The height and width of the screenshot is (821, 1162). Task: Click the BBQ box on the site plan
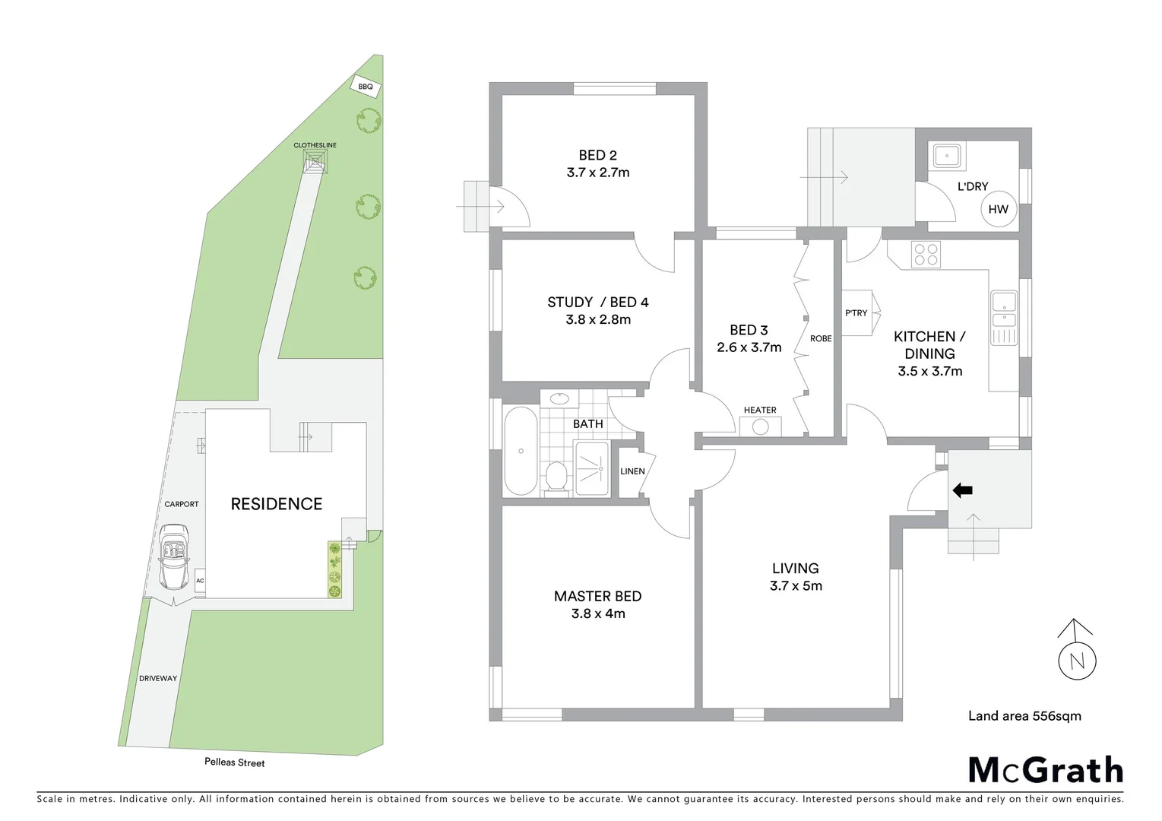point(366,87)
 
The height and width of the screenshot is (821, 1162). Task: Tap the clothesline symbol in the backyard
point(315,160)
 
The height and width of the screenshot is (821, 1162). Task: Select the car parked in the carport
point(174,556)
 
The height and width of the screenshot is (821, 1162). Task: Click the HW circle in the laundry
point(998,209)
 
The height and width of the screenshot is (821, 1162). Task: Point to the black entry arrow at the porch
point(962,490)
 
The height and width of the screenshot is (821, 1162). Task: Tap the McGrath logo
point(1045,770)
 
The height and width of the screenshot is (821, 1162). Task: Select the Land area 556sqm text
point(1024,715)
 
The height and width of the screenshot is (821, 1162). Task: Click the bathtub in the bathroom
point(521,452)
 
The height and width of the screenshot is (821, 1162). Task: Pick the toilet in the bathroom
point(557,477)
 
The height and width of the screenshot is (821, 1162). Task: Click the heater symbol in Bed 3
point(760,426)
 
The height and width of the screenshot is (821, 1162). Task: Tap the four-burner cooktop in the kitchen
point(925,254)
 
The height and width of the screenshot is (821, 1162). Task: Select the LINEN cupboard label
point(632,471)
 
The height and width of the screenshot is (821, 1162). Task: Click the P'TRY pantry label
point(856,312)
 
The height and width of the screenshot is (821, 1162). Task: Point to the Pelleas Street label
point(234,762)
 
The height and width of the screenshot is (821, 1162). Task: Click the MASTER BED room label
point(597,596)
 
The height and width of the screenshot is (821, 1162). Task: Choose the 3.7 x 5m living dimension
point(796,585)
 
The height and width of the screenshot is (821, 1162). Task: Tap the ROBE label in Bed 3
point(821,338)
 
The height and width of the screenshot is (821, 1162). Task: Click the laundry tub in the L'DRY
point(947,156)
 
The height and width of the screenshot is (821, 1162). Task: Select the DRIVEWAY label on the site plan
point(158,678)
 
